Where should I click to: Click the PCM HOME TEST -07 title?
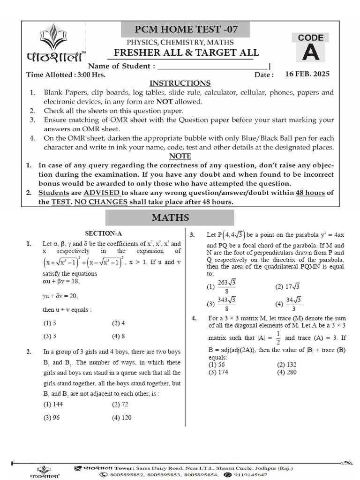click(x=186, y=30)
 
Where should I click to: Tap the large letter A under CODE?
click(x=311, y=53)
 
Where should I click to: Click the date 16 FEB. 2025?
click(x=307, y=74)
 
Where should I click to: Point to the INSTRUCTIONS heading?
click(x=180, y=83)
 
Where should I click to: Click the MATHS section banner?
click(x=170, y=217)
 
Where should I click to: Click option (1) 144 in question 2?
click(x=53, y=404)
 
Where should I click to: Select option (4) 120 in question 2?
click(x=121, y=418)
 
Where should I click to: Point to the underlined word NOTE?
click(x=180, y=156)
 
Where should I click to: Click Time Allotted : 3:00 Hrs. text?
click(x=66, y=75)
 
